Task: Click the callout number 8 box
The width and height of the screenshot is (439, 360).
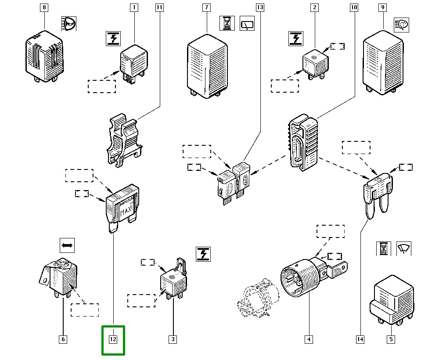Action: tap(44, 7)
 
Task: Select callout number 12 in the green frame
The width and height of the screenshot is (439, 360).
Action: tap(113, 339)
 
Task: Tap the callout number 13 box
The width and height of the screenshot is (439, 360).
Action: tap(260, 7)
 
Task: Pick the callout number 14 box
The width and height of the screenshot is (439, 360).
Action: tap(360, 339)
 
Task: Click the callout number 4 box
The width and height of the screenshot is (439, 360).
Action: tap(309, 339)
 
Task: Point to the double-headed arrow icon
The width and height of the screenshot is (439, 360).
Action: tap(67, 245)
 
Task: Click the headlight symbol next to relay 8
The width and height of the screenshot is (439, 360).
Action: tap(69, 24)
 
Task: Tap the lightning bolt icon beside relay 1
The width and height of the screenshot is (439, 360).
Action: tap(113, 39)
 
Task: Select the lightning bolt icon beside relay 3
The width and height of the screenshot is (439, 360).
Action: tap(203, 254)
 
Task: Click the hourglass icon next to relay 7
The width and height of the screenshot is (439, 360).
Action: tap(227, 23)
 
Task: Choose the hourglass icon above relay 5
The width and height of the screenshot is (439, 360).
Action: tap(383, 248)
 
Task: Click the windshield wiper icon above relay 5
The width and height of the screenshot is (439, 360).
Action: tap(404, 248)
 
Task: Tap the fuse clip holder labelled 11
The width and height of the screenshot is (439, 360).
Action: tap(124, 140)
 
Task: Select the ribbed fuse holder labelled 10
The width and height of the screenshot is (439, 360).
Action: tap(303, 142)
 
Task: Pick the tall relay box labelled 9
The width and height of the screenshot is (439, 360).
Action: tap(383, 63)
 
